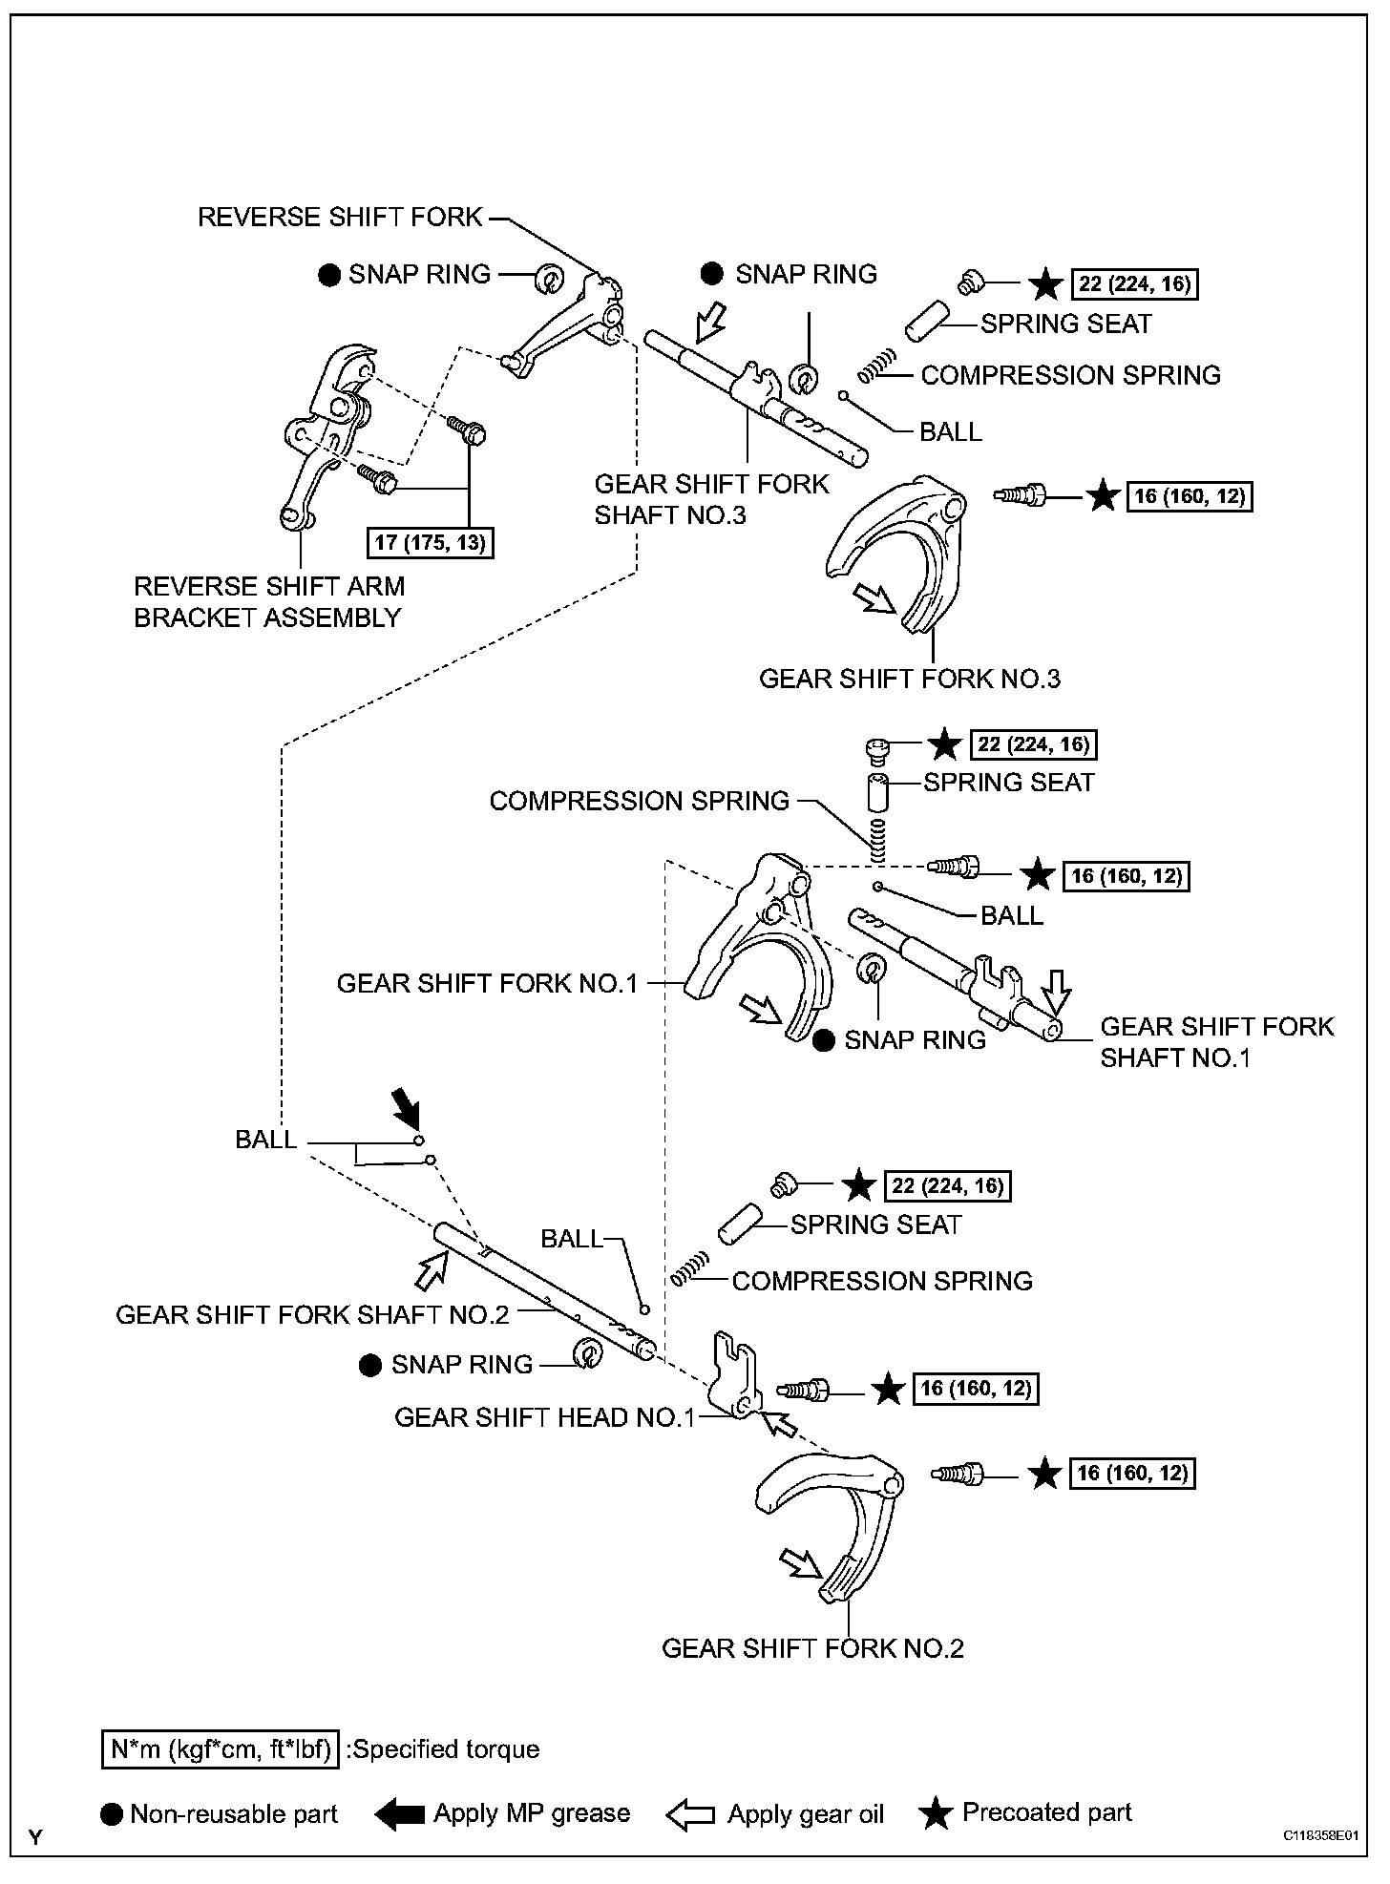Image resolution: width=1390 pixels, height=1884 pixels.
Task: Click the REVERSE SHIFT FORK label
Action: pos(341,218)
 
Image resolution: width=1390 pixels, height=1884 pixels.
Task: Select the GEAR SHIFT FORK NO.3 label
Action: pos(909,679)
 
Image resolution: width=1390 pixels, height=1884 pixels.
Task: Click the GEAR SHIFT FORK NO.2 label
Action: pos(812,1648)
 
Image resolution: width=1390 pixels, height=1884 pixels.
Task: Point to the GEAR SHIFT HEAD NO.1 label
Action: pos(545,1417)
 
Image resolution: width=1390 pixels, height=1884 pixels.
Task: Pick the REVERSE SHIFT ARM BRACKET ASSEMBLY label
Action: pos(269,601)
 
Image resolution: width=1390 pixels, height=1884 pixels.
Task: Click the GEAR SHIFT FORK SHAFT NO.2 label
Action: pos(312,1315)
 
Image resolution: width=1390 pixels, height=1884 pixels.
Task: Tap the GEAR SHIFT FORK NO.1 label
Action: pos(487,983)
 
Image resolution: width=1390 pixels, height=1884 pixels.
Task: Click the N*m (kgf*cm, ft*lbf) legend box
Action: pos(220,1749)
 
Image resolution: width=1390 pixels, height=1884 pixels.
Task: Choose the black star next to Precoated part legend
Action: pos(936,1813)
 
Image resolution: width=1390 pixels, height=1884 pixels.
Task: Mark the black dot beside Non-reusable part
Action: pos(112,1814)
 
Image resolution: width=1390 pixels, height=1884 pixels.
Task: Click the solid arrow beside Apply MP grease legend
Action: pos(399,1814)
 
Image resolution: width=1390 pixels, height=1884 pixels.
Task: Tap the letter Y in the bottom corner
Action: pos(36,1836)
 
